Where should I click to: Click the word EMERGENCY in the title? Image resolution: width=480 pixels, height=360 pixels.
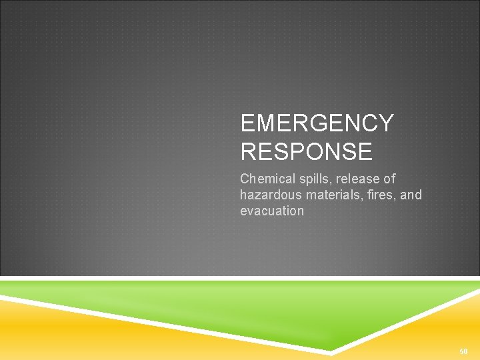click(x=317, y=123)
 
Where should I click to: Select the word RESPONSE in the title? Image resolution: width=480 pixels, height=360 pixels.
click(x=306, y=152)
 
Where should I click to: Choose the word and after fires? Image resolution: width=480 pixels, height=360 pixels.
click(x=411, y=195)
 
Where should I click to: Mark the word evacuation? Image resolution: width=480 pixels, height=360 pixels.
click(x=272, y=211)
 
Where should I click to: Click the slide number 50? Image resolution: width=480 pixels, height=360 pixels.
click(x=463, y=351)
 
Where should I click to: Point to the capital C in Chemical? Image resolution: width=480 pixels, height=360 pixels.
click(x=245, y=179)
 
